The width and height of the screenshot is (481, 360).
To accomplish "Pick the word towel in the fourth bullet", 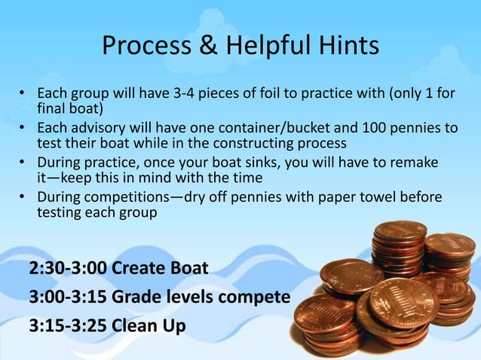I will (388, 197).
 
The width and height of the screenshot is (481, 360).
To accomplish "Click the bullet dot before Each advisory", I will (23, 129).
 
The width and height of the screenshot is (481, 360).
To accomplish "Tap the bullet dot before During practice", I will (23, 163).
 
